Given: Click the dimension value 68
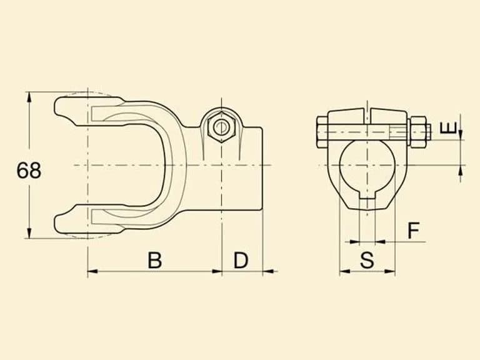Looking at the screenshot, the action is tap(29, 171).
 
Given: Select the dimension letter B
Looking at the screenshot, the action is tap(154, 260).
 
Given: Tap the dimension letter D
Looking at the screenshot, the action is tap(241, 260).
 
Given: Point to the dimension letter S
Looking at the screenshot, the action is tap(367, 260).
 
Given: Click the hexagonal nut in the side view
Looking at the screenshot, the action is tap(221, 127).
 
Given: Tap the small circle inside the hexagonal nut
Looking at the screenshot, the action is tap(221, 127).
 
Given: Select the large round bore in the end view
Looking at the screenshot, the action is tap(367, 165).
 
